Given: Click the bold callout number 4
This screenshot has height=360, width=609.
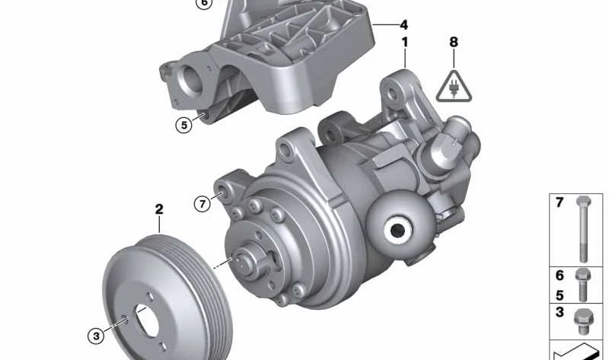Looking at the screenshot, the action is [404, 25].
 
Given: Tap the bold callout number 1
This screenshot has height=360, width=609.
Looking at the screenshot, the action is [405, 43].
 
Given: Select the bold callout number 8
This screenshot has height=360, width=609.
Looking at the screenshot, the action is [454, 42].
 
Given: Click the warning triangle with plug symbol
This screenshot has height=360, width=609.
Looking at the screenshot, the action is [454, 87].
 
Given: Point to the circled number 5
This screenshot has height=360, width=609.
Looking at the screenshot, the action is [183, 125].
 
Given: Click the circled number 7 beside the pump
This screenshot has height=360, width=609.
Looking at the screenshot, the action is [202, 203].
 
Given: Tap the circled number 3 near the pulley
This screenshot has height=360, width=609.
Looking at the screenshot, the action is [96, 336].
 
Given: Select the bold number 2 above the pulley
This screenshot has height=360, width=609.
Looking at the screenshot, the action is [159, 209].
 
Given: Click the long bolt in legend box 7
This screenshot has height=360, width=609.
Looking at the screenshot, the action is [583, 229].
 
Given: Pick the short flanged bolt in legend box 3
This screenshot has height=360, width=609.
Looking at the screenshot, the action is [583, 321].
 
